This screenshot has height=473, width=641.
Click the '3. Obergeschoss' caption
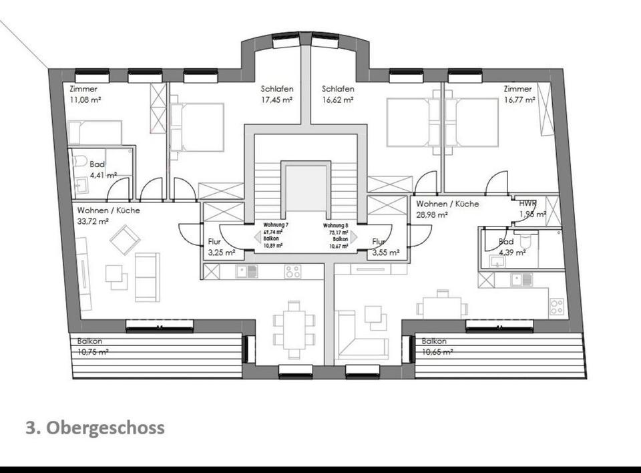[95, 428]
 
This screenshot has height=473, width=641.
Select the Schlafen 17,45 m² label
[276, 94]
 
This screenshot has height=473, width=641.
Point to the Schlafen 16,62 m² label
[338, 94]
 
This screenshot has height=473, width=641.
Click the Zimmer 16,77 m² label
[519, 94]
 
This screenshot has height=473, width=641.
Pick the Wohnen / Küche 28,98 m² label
[447, 209]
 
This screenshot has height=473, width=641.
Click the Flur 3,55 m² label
[385, 248]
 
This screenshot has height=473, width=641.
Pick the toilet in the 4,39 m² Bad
[527, 239]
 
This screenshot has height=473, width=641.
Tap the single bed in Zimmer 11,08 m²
[95, 132]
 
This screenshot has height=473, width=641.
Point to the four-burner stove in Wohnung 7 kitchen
[292, 271]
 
